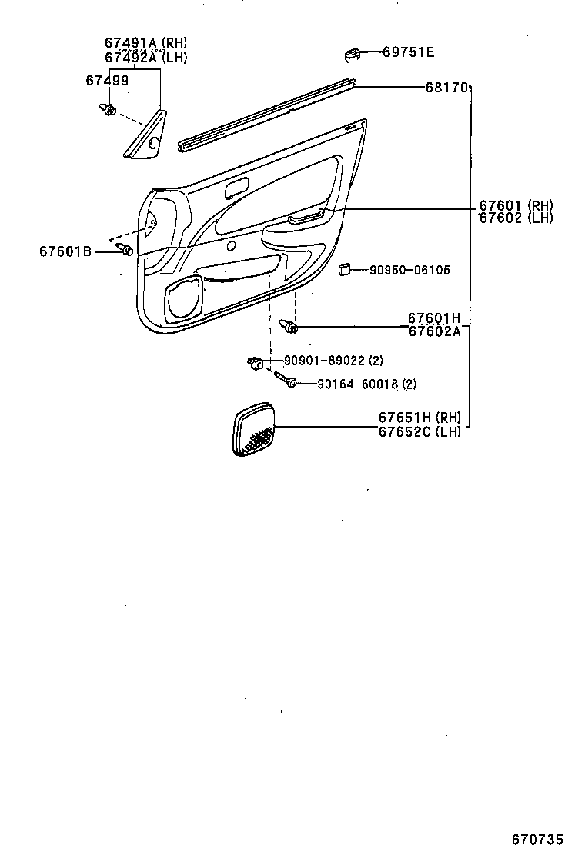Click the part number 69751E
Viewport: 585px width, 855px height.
408,52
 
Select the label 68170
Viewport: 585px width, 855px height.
446,87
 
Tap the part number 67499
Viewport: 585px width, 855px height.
107,81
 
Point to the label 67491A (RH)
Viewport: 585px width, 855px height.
145,43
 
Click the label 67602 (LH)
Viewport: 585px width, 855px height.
516,218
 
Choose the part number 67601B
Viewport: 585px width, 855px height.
65,251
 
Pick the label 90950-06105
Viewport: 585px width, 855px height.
409,270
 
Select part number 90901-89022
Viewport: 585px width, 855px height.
324,361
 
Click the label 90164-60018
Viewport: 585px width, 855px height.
358,384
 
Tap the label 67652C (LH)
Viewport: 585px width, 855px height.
420,432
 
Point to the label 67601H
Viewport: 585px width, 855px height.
434,318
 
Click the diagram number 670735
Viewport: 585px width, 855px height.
537,839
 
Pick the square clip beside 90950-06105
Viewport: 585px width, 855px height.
344,269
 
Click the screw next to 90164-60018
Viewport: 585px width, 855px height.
286,379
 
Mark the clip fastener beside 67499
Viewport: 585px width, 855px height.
108,108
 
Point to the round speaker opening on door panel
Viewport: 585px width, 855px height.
185,301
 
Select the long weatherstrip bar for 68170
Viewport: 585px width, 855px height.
268,115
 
